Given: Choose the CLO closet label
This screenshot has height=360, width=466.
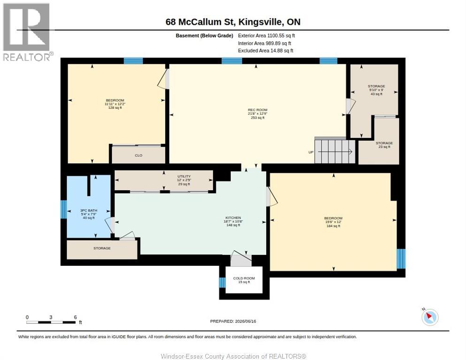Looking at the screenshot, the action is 138,156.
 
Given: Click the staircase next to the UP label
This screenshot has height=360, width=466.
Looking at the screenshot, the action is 335,151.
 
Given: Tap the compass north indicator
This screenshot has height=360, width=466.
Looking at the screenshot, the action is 430,317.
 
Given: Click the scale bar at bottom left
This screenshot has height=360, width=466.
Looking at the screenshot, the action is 51,322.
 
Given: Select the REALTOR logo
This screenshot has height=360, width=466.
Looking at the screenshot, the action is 27,32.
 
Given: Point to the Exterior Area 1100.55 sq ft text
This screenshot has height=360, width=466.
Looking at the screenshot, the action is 266,36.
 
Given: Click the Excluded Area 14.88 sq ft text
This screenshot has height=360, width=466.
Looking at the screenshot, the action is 265,51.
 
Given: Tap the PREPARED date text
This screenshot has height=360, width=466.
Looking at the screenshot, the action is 233,322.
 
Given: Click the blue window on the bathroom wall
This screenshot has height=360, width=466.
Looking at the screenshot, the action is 64,209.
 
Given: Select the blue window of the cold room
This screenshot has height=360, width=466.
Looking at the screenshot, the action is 222,282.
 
